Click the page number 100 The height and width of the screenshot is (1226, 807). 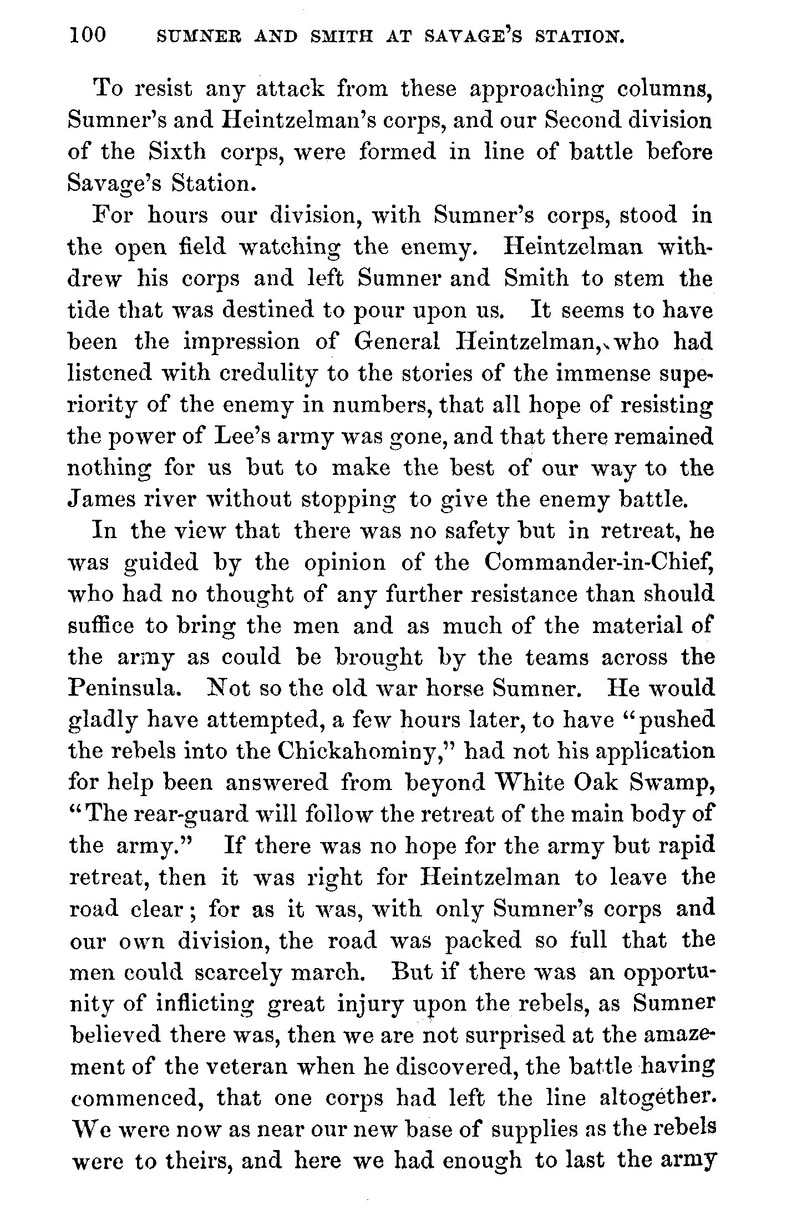point(88,36)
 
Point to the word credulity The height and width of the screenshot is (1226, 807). point(267,373)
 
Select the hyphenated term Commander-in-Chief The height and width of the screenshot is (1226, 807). point(598,563)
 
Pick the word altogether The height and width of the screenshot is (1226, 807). point(656,1098)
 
